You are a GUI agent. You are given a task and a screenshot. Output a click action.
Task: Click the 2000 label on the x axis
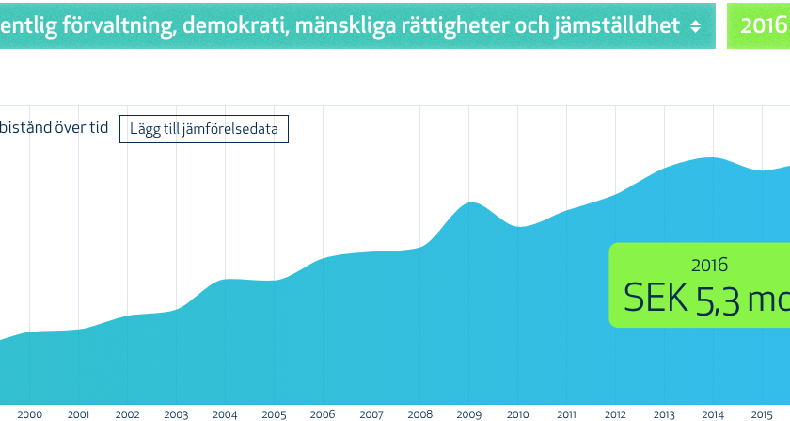[30, 414]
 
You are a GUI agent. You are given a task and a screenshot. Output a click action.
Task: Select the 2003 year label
[176, 414]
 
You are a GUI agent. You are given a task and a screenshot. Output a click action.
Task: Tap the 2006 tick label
[323, 414]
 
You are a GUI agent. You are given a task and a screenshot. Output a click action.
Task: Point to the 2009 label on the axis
[468, 414]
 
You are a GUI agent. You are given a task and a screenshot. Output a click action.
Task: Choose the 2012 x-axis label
[615, 414]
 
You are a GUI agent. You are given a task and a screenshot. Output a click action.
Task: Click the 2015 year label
[762, 414]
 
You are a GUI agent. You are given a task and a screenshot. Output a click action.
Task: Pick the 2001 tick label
[79, 414]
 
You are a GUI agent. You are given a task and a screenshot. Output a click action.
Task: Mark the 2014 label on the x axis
[713, 414]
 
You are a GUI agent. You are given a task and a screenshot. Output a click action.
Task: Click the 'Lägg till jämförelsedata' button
[203, 129]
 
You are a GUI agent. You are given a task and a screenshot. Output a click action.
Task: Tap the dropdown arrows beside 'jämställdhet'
[695, 26]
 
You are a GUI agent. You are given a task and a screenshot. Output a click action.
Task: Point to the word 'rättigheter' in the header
[453, 26]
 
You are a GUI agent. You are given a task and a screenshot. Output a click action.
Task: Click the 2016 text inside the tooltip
[709, 266]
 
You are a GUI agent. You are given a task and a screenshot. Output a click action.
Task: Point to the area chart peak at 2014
[712, 158]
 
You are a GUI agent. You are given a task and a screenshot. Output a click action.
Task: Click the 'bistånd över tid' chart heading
[54, 128]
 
